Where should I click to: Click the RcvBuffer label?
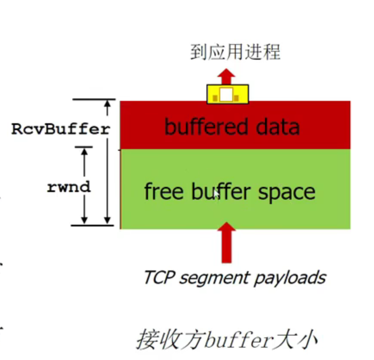60,129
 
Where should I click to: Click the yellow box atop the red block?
227,94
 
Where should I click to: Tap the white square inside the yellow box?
227,94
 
